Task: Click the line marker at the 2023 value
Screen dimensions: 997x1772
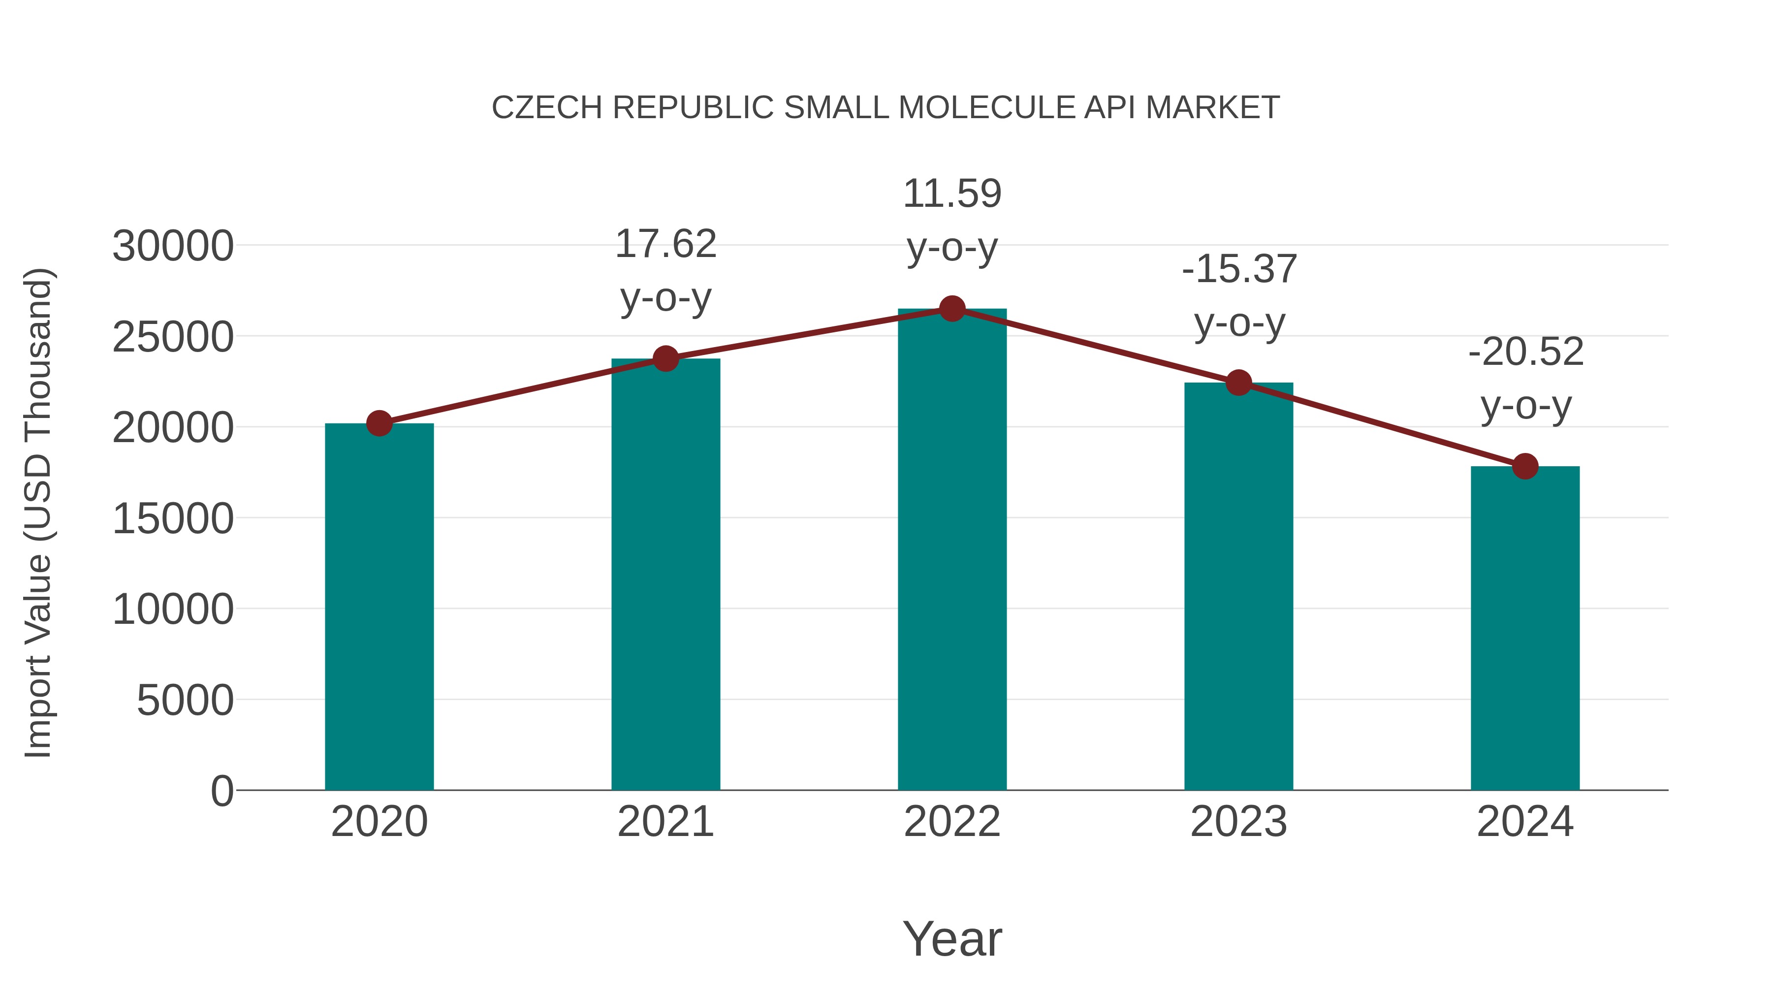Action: pos(1238,383)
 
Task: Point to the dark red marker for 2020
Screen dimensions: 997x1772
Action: pos(379,423)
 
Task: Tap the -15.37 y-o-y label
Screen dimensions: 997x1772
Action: pos(1239,295)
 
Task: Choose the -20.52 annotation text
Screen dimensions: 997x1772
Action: pos(1526,379)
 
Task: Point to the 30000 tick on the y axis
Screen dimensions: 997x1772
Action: pos(173,246)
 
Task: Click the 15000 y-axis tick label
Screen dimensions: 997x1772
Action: pos(173,519)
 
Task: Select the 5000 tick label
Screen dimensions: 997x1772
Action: pos(185,701)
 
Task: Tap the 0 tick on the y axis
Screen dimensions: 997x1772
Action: pos(221,791)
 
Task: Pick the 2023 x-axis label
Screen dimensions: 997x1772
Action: pos(1238,822)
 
